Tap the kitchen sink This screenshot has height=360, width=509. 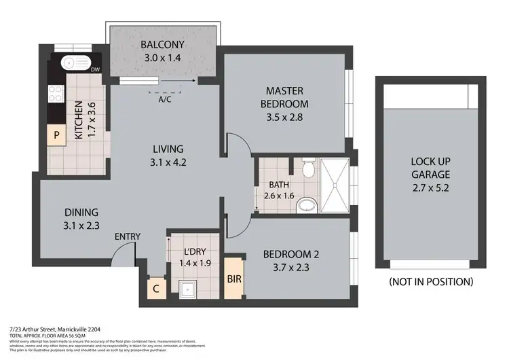75,63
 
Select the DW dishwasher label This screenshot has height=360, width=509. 96,69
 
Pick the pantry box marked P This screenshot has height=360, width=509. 57,135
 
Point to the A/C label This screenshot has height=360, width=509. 164,98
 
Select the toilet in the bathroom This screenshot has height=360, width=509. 307,167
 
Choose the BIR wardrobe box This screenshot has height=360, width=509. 233,278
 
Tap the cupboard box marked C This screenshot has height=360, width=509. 156,288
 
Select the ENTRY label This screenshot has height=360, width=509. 128,236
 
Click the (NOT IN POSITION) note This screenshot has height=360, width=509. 431,281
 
